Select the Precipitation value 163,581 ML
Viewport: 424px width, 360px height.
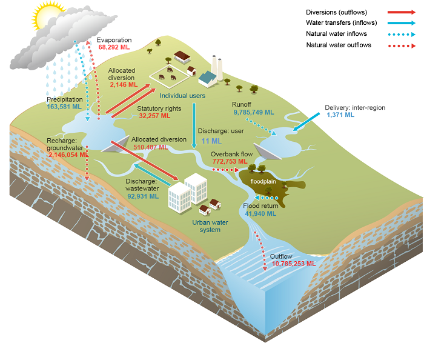[x=64, y=107]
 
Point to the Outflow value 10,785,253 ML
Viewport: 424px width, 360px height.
[x=294, y=264]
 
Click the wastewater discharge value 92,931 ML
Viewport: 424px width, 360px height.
[x=142, y=196]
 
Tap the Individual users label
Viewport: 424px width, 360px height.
[x=183, y=96]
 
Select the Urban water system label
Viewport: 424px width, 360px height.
[x=210, y=226]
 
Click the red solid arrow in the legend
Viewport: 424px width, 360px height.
[x=397, y=12]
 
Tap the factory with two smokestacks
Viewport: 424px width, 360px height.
[x=211, y=73]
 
